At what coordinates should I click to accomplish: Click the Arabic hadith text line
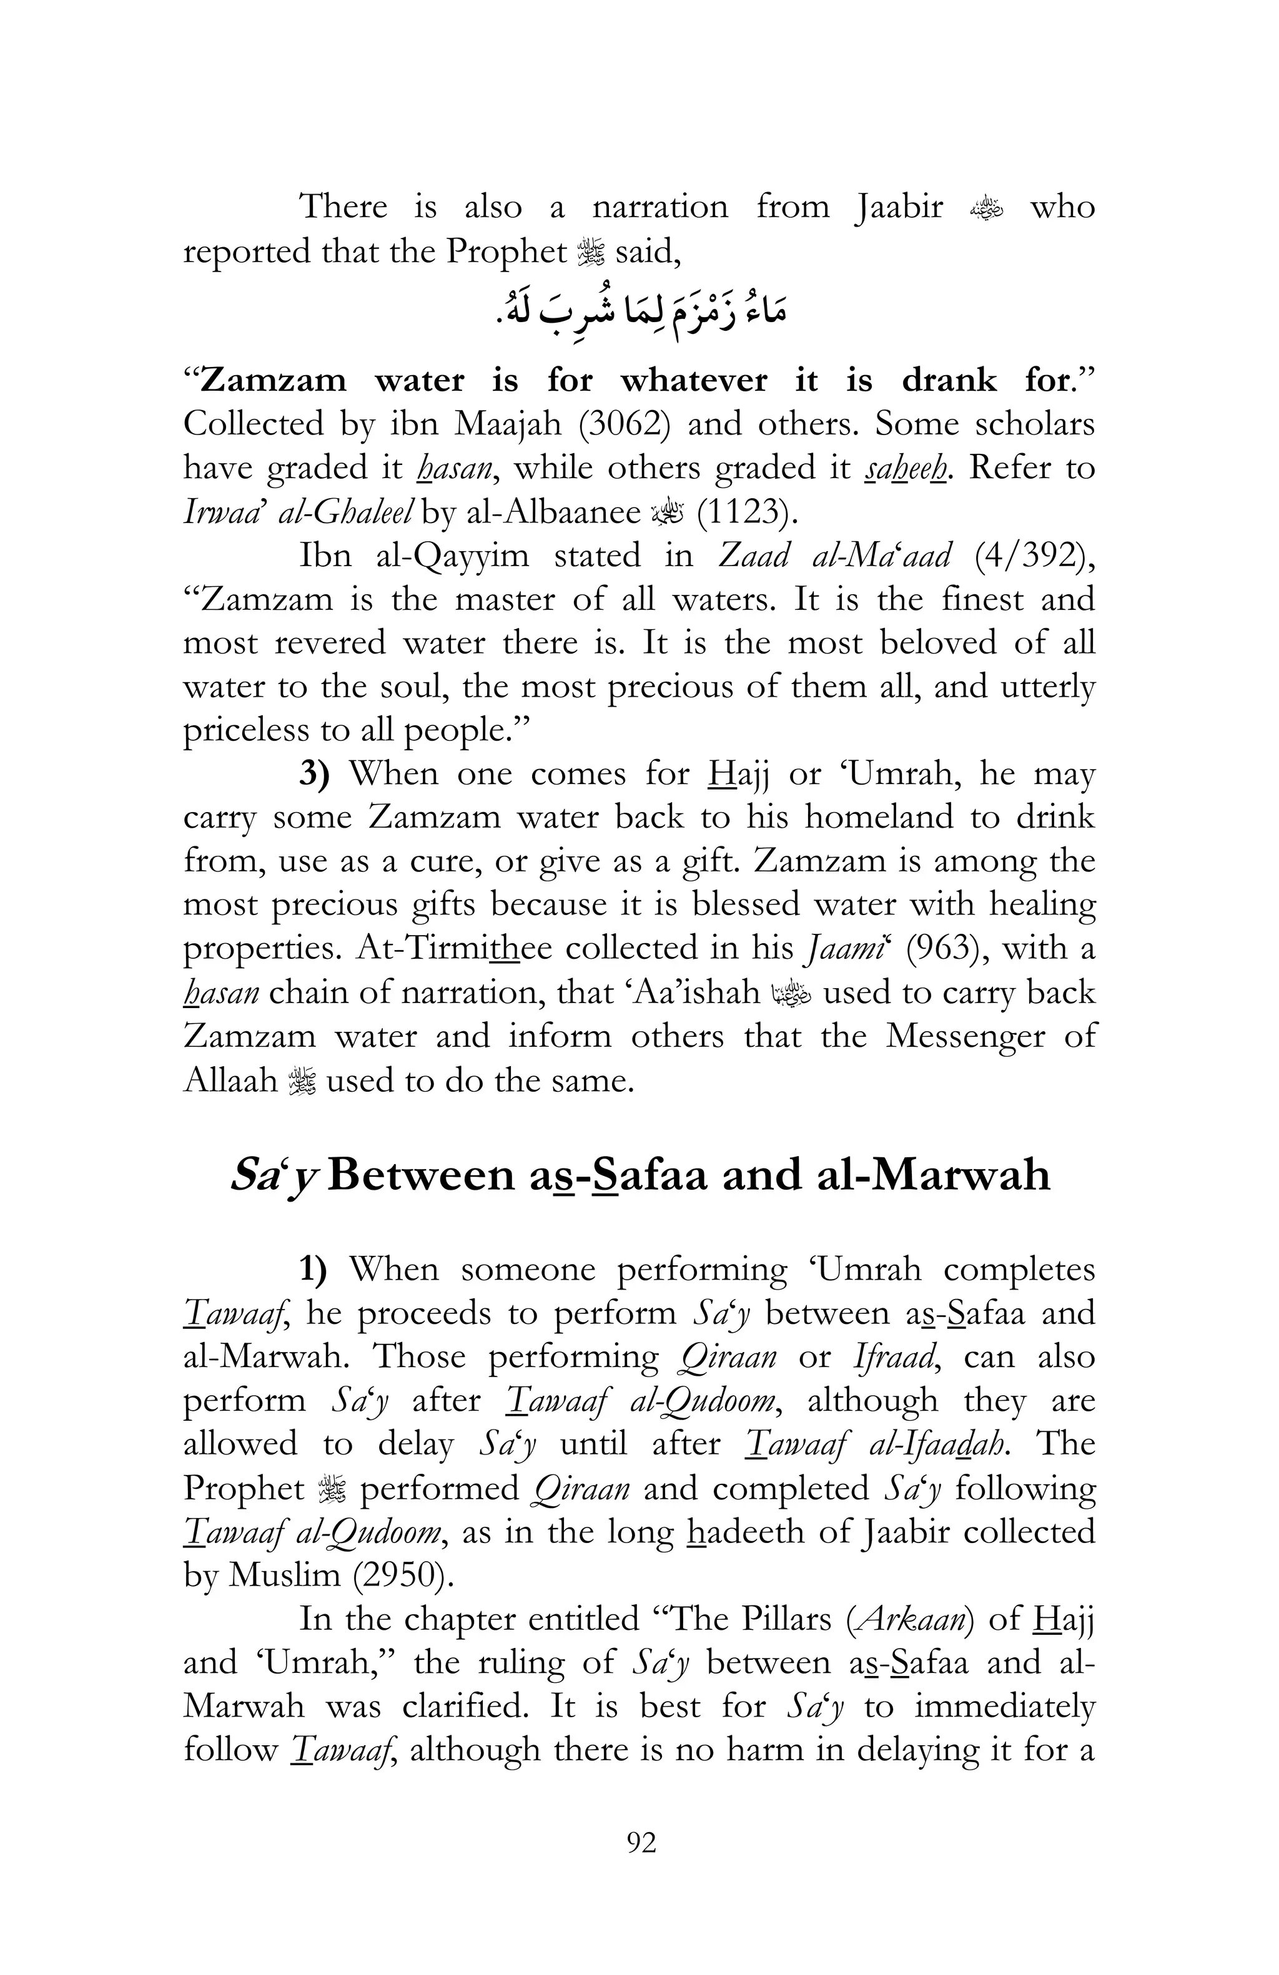point(639,314)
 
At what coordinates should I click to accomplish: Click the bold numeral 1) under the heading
point(314,1270)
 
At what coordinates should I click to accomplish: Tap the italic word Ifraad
point(896,1357)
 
